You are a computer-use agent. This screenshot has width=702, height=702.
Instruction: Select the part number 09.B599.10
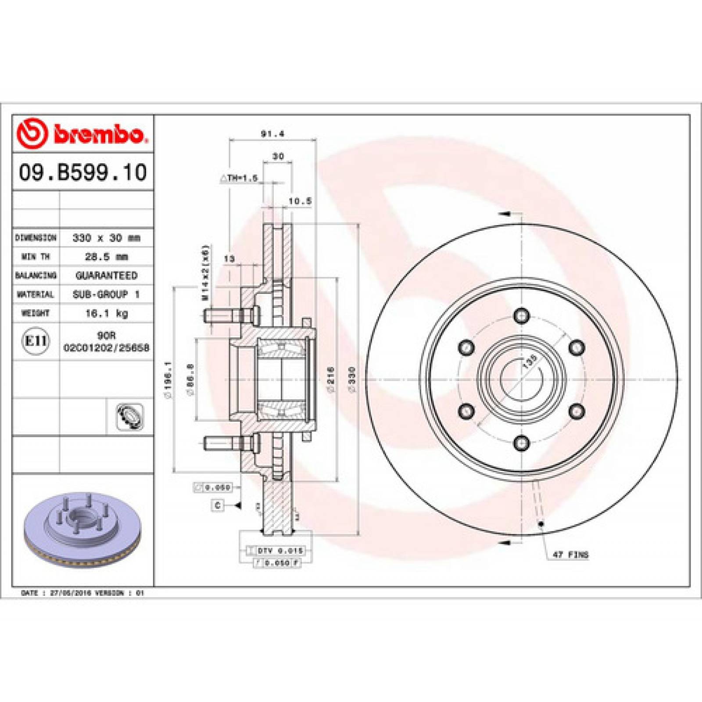point(82,172)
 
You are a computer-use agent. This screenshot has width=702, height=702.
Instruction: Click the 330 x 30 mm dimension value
point(106,238)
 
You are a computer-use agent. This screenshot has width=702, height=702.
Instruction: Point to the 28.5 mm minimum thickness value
point(106,257)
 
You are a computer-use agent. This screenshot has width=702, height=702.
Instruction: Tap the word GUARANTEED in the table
point(106,276)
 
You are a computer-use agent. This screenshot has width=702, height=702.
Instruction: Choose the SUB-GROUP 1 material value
point(106,294)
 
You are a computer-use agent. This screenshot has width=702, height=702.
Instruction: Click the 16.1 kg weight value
point(106,313)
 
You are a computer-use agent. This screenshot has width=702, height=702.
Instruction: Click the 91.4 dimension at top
point(272,134)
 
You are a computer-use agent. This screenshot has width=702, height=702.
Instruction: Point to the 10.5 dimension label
point(300,201)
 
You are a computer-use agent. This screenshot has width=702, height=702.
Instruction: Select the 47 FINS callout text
point(570,555)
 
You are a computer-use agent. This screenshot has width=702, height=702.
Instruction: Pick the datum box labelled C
point(218,505)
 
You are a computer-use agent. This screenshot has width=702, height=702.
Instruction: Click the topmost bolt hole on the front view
point(521,315)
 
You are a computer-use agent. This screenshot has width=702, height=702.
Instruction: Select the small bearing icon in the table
point(129,416)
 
